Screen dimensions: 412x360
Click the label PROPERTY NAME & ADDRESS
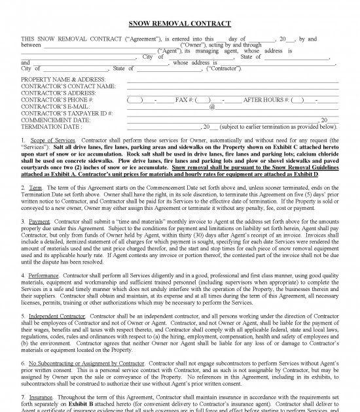(x=63, y=79)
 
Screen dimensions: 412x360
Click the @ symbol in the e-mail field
(x=212, y=107)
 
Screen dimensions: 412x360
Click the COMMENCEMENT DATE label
(x=56, y=120)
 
